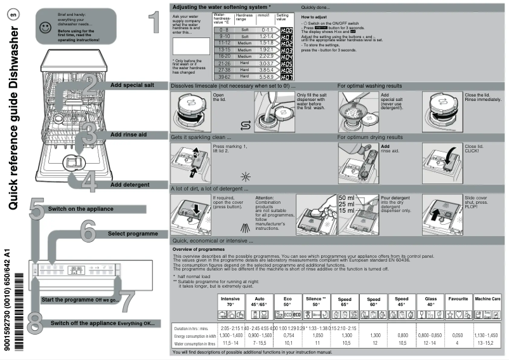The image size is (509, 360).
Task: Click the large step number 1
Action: click(x=152, y=23)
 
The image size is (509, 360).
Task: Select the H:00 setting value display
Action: click(x=286, y=30)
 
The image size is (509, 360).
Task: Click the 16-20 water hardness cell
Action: click(x=223, y=57)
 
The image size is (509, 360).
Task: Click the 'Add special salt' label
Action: click(x=131, y=84)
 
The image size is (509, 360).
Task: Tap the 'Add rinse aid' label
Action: click(x=129, y=135)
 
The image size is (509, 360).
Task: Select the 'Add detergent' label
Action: click(x=129, y=184)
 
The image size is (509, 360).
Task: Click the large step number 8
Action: click(x=35, y=320)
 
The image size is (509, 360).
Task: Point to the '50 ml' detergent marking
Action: click(x=348, y=198)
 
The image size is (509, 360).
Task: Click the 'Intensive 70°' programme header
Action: click(x=230, y=301)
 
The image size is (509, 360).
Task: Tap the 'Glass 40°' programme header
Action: click(x=430, y=301)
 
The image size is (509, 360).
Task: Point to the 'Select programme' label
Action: click(x=133, y=234)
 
